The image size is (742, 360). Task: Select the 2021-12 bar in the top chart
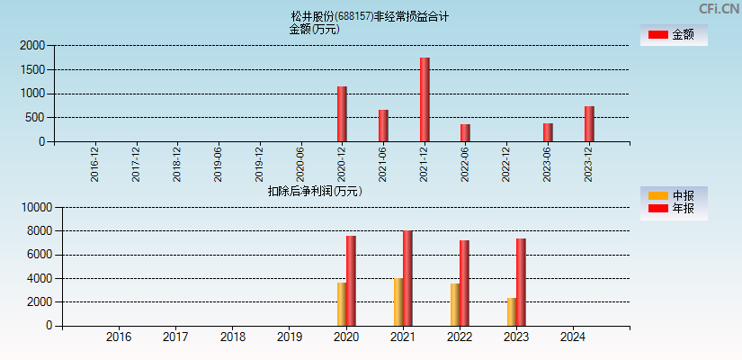click(x=425, y=100)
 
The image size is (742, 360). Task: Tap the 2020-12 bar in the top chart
click(x=342, y=114)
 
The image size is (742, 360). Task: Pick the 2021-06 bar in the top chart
click(x=383, y=126)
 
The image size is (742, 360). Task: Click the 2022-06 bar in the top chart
click(x=465, y=133)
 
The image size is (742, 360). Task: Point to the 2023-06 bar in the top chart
click(x=548, y=132)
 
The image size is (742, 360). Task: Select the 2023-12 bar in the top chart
click(x=589, y=124)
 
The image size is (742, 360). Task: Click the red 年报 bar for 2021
click(x=407, y=278)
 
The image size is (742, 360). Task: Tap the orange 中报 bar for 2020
click(x=342, y=304)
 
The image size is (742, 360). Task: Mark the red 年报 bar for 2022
click(x=464, y=283)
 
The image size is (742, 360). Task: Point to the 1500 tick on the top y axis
click(x=33, y=69)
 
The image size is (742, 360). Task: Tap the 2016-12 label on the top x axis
click(x=95, y=164)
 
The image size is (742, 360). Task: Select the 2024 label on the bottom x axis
click(x=572, y=337)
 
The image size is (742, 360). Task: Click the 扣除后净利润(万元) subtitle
click(x=315, y=191)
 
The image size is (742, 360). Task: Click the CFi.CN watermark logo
click(x=719, y=9)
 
